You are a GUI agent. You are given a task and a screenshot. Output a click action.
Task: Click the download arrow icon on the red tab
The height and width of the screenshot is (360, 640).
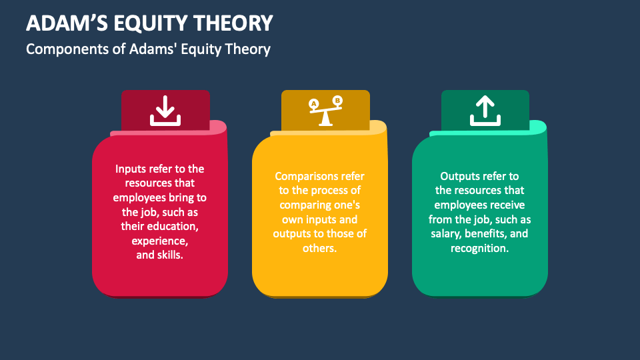(x=165, y=111)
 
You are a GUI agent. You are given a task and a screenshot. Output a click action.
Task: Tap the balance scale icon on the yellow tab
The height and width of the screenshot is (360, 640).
(x=326, y=111)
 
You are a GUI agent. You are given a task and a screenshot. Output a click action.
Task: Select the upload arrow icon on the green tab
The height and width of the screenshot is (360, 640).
(x=485, y=111)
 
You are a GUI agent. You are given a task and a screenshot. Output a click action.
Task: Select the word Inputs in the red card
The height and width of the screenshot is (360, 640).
(x=129, y=169)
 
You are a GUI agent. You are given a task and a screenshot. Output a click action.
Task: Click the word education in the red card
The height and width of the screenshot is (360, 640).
(x=173, y=226)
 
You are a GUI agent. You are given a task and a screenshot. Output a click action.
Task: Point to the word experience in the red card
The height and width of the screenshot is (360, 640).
(x=159, y=241)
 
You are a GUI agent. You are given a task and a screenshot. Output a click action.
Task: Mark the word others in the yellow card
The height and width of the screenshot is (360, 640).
(x=319, y=248)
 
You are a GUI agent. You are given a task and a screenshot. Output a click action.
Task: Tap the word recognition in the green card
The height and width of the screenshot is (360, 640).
(x=479, y=248)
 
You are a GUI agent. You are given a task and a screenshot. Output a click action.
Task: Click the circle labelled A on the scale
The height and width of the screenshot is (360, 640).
(x=313, y=104)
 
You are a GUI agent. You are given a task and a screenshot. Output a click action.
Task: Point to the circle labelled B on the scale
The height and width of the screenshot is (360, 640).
(x=337, y=101)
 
